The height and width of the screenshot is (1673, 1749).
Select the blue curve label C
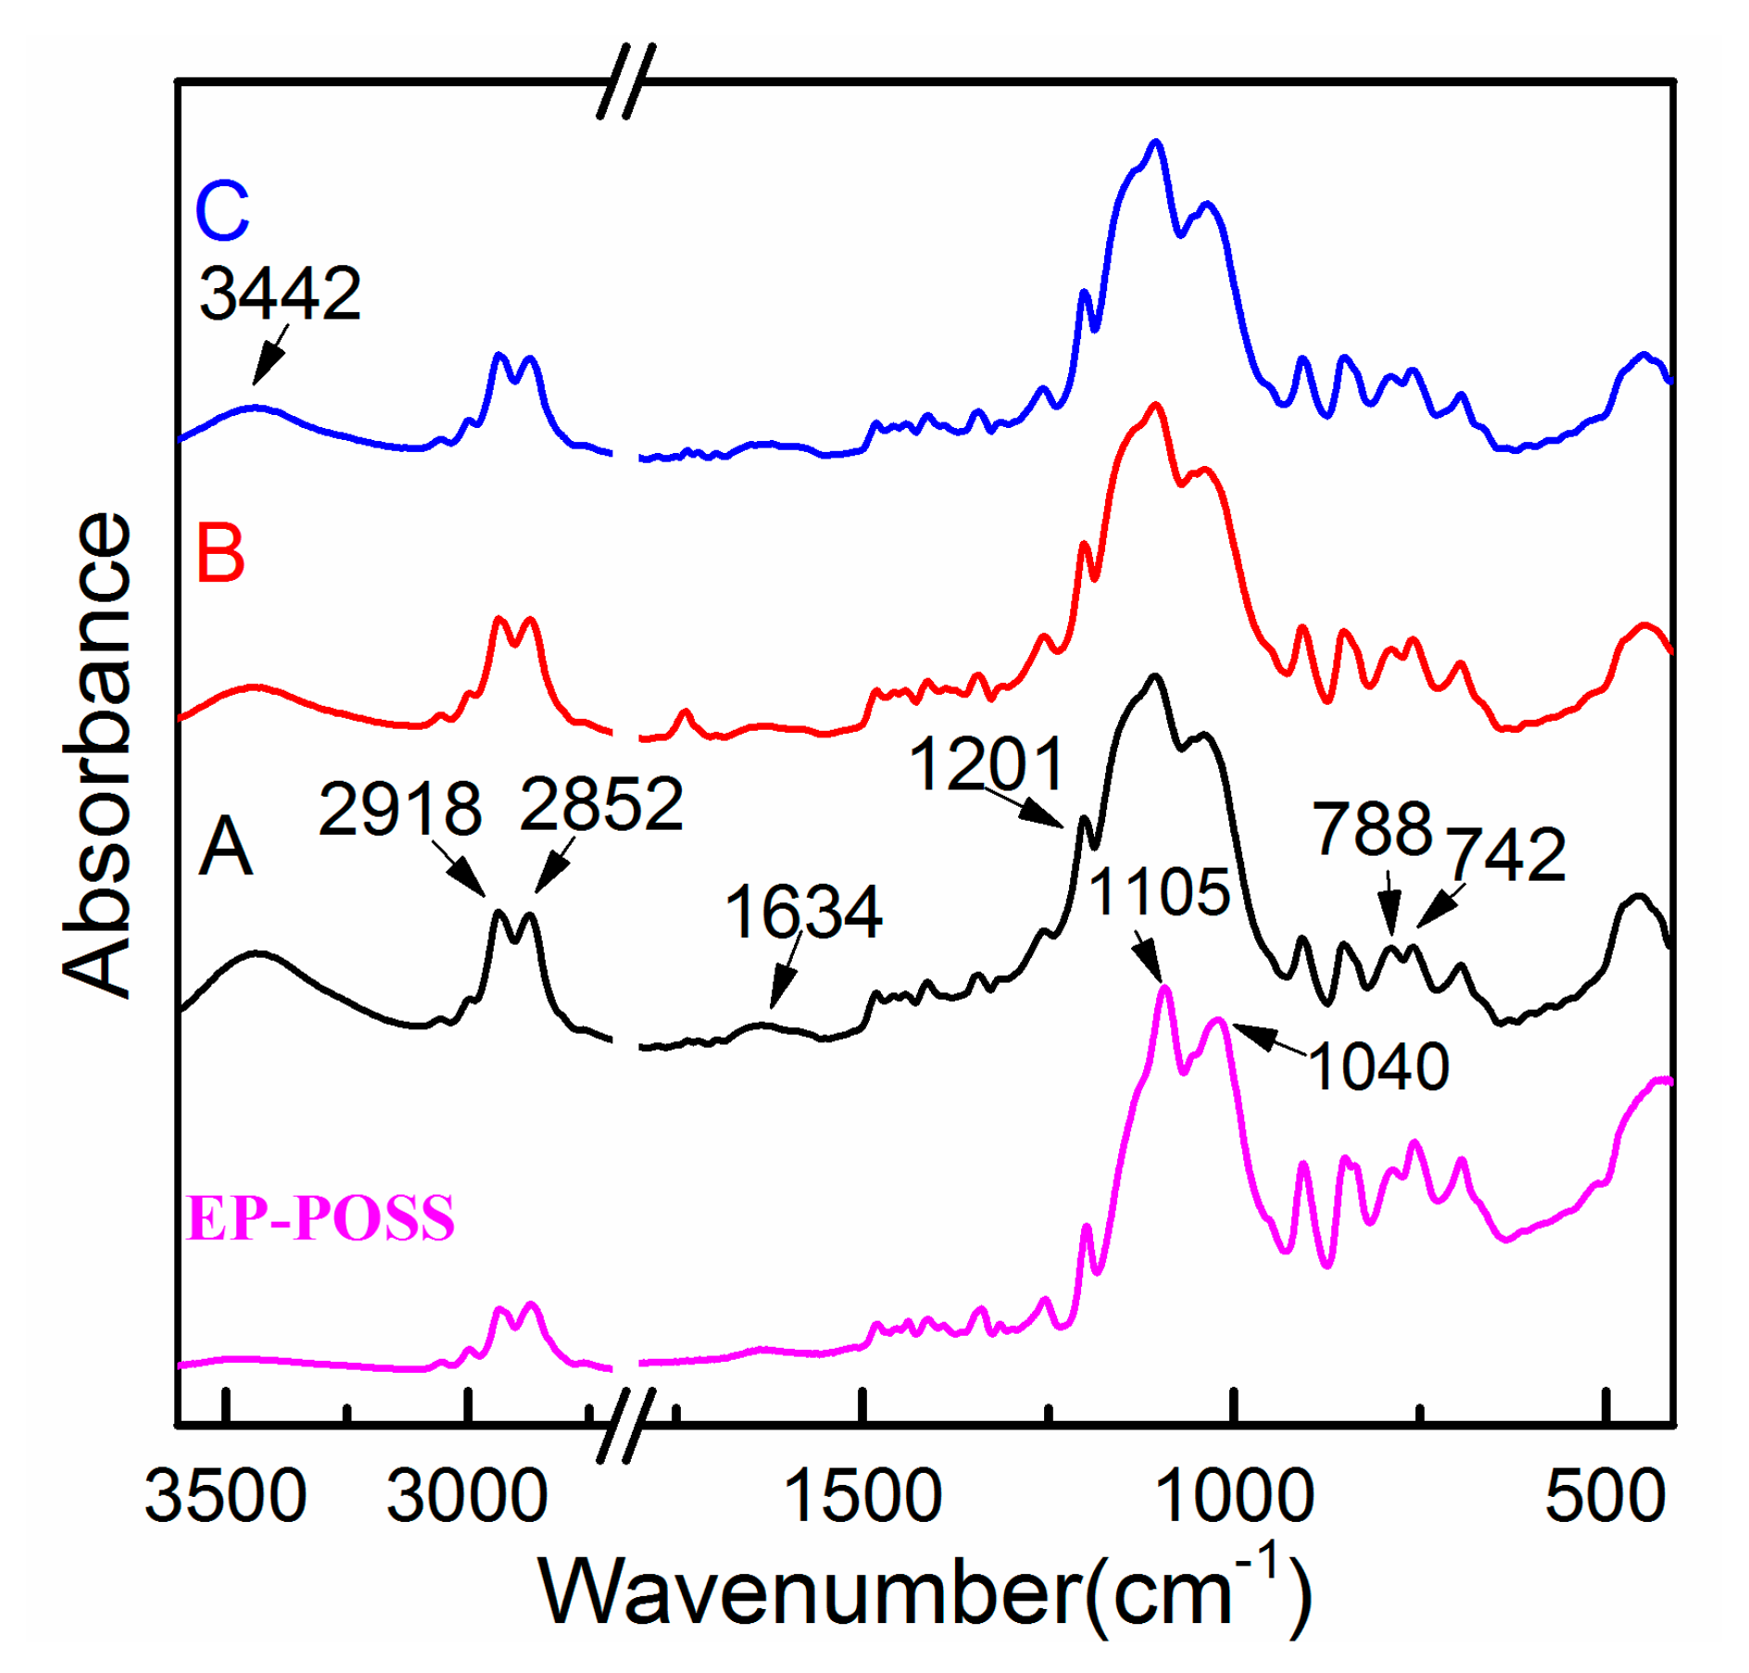point(222,210)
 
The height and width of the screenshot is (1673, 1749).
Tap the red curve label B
point(220,553)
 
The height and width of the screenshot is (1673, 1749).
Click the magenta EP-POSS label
point(321,1217)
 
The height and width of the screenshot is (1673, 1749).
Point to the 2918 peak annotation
point(400,809)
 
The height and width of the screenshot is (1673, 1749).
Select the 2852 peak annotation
point(601,803)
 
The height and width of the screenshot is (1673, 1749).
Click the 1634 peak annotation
point(803,912)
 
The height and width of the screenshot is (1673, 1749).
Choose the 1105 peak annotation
point(1159,892)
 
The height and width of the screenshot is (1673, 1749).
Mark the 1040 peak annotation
point(1378,1066)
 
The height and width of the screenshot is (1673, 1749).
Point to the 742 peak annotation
point(1507,853)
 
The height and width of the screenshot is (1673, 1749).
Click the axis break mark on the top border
point(626,82)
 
